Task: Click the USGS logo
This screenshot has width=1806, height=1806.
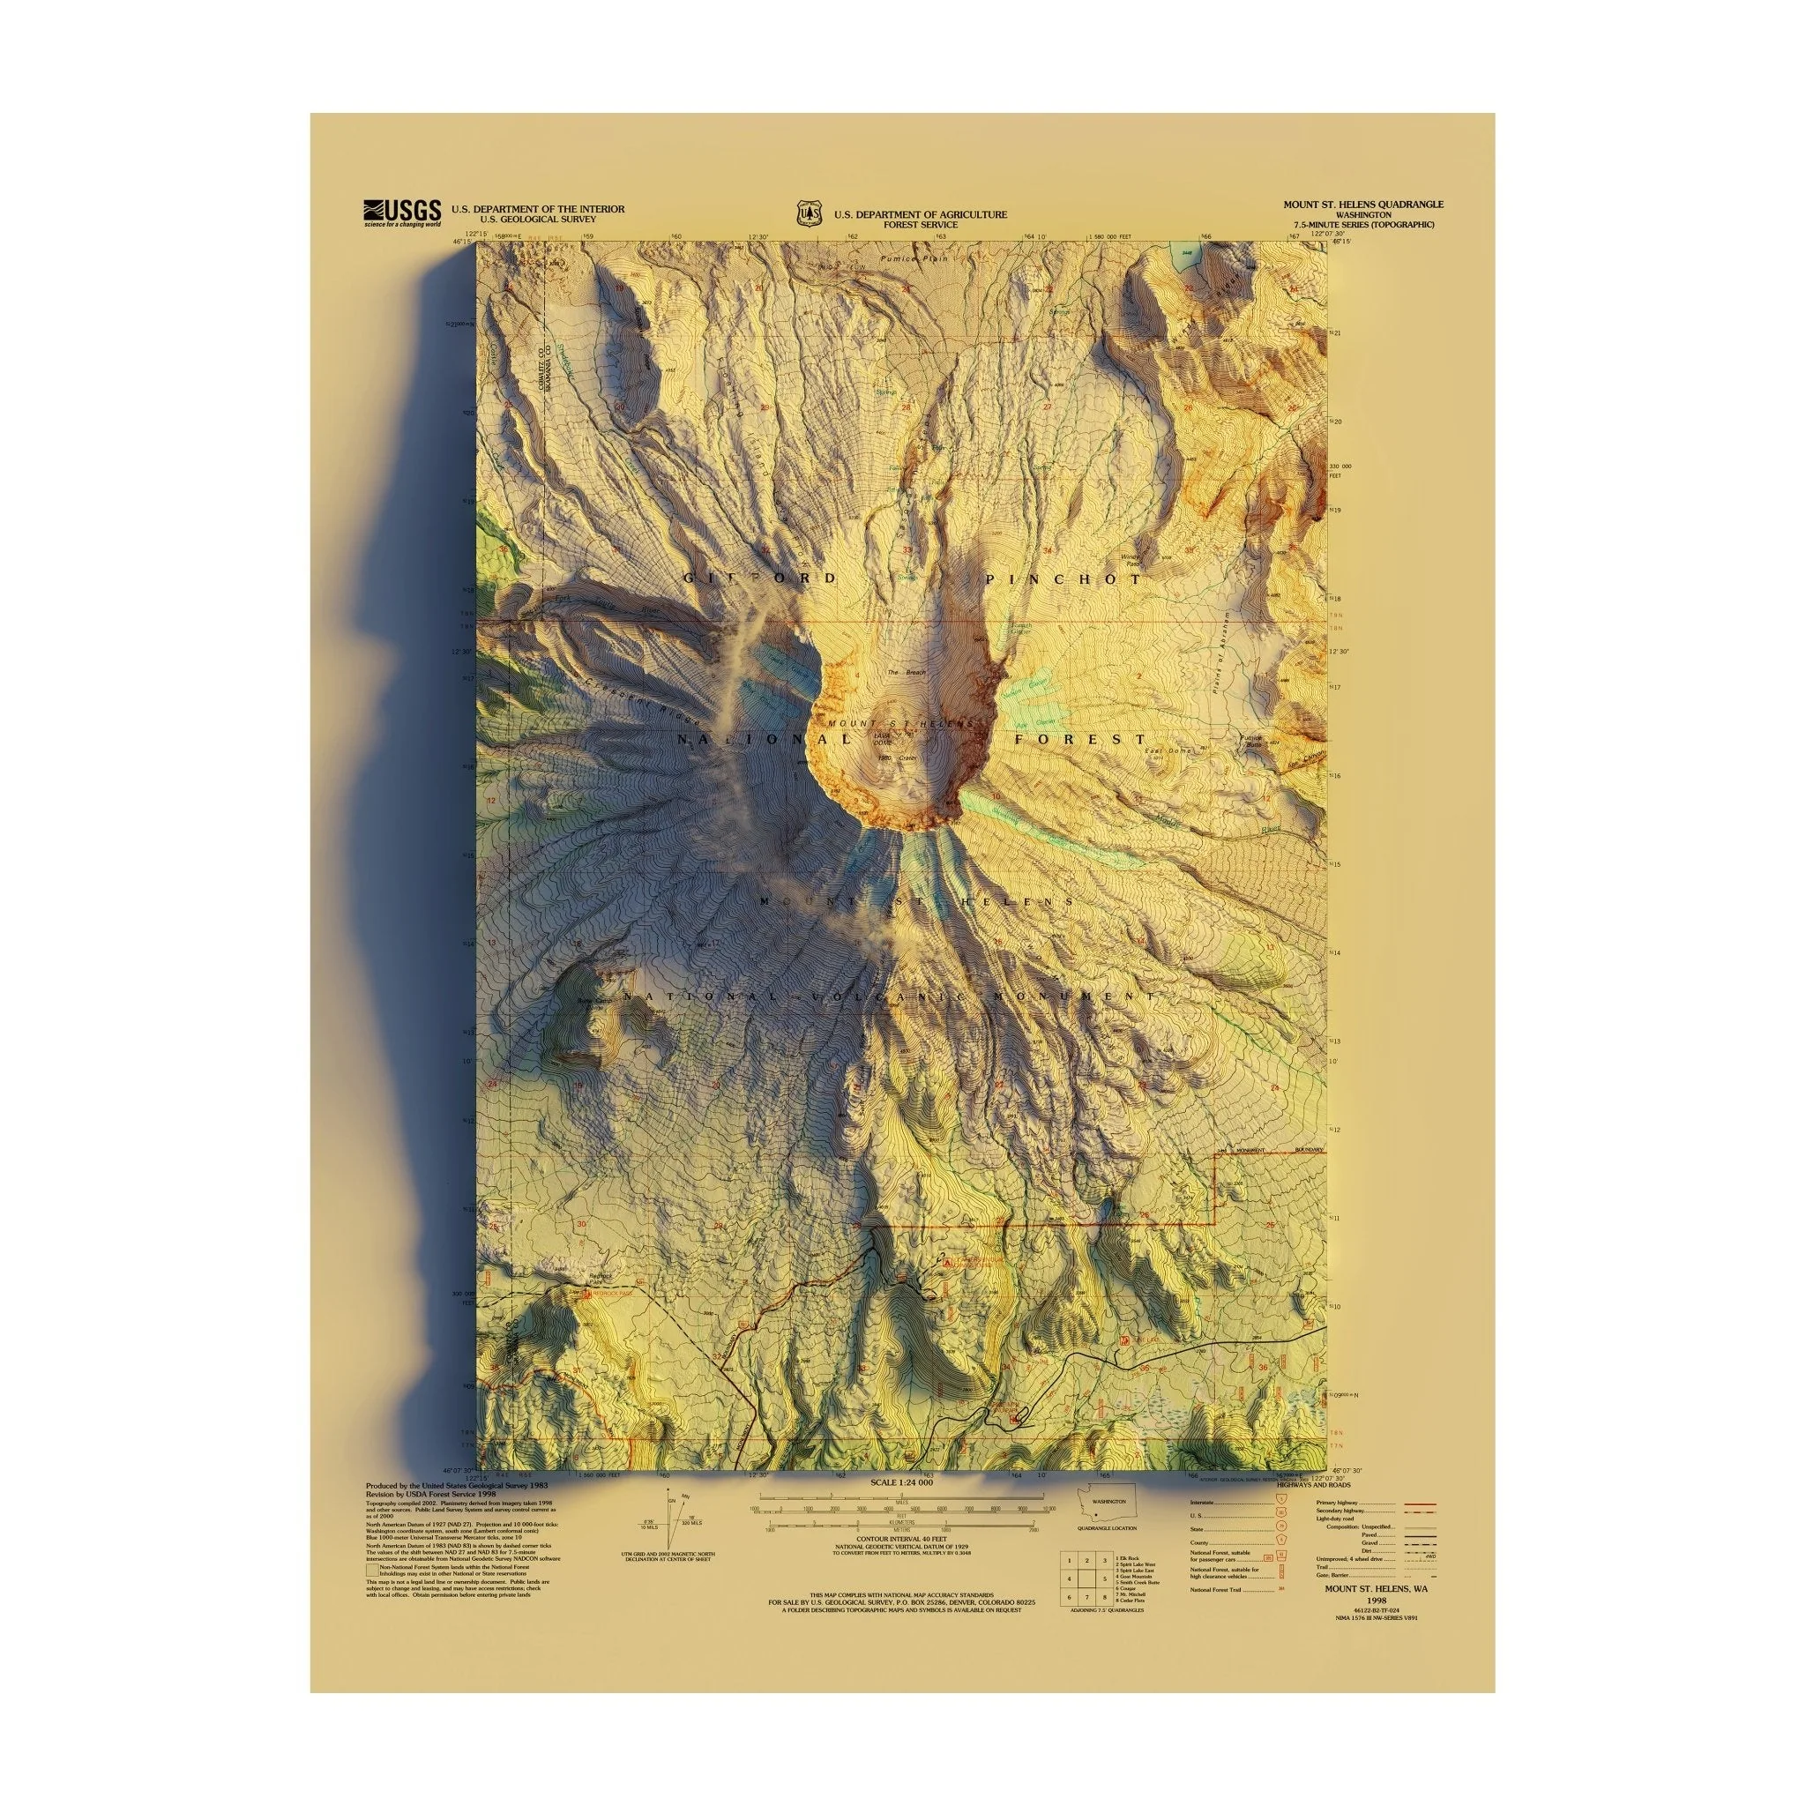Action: [401, 213]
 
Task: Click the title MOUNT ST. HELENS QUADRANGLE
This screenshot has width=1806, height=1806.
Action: [1362, 204]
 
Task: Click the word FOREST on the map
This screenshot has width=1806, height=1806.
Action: [1080, 739]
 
